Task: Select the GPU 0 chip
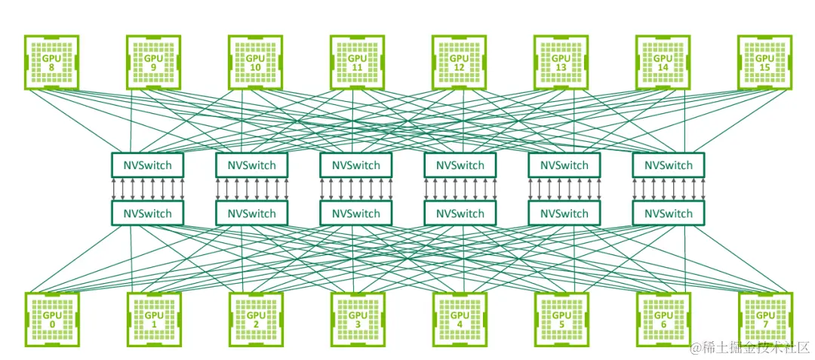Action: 51,318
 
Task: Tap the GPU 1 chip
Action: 153,318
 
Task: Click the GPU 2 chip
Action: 255,318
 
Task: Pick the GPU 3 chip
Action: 357,318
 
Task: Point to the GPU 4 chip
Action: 459,318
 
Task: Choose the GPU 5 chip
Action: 561,318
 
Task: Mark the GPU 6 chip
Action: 663,318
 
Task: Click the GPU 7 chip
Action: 764,318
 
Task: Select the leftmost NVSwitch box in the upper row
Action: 148,165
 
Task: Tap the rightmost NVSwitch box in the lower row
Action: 668,214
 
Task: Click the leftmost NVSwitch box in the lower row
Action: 148,214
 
